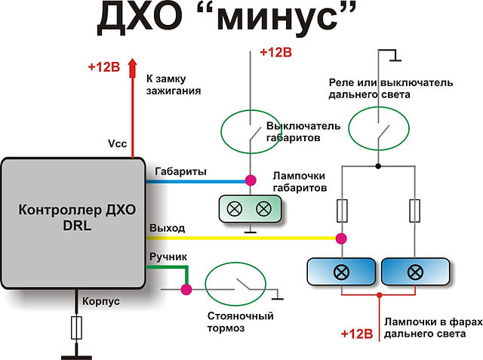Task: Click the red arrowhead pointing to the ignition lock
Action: click(x=133, y=68)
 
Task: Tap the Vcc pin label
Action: click(x=118, y=143)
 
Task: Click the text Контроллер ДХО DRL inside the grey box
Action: click(x=77, y=217)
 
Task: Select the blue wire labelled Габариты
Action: click(x=196, y=181)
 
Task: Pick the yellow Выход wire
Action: click(x=241, y=238)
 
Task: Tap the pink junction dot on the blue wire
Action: click(x=251, y=180)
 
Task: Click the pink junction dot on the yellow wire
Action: click(x=341, y=238)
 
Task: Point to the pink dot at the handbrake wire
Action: click(x=186, y=290)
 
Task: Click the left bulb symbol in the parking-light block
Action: click(x=235, y=209)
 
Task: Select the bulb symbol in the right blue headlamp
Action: click(x=415, y=272)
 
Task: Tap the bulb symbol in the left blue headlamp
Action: click(x=341, y=272)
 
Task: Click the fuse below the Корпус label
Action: click(x=76, y=328)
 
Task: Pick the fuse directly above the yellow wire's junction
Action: click(x=342, y=211)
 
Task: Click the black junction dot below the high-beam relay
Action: click(x=378, y=166)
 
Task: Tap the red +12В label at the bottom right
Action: click(x=357, y=334)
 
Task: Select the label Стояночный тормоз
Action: click(x=240, y=322)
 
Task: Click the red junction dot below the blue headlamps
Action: click(x=380, y=295)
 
